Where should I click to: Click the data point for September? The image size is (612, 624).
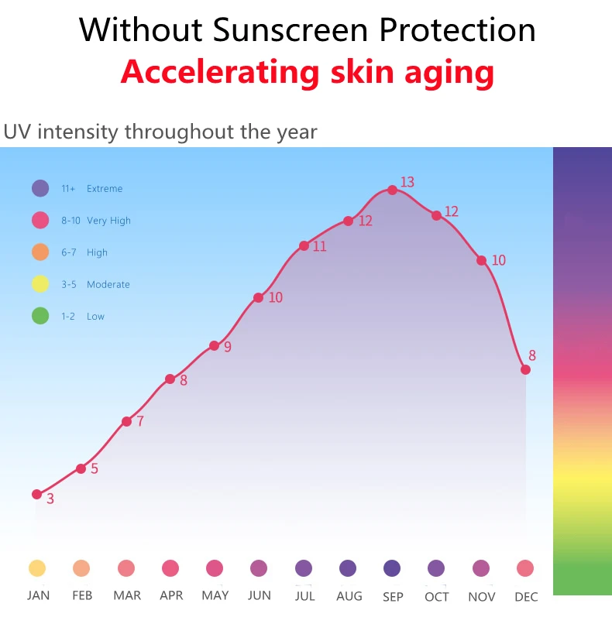click(x=392, y=190)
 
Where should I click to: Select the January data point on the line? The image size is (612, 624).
click(x=36, y=494)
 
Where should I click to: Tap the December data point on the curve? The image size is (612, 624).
click(x=525, y=369)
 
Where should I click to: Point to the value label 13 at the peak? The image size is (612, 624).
click(x=407, y=183)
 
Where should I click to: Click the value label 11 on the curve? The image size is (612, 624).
click(x=319, y=247)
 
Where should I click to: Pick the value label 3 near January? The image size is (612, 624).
click(x=50, y=499)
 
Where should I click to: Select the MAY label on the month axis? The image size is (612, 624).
click(x=215, y=595)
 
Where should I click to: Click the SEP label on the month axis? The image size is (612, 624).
click(x=393, y=596)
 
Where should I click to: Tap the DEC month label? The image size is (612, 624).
click(x=526, y=596)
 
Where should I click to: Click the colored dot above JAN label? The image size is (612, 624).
click(x=37, y=568)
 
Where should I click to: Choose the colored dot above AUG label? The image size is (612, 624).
click(x=348, y=568)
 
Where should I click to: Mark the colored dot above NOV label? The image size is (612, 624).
click(x=481, y=568)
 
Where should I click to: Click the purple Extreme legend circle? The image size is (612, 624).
click(x=40, y=188)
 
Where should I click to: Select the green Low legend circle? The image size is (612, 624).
click(x=40, y=316)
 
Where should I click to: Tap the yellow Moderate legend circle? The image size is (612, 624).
click(x=40, y=284)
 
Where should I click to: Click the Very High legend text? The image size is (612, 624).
click(x=108, y=221)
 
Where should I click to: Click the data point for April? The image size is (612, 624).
click(x=170, y=379)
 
